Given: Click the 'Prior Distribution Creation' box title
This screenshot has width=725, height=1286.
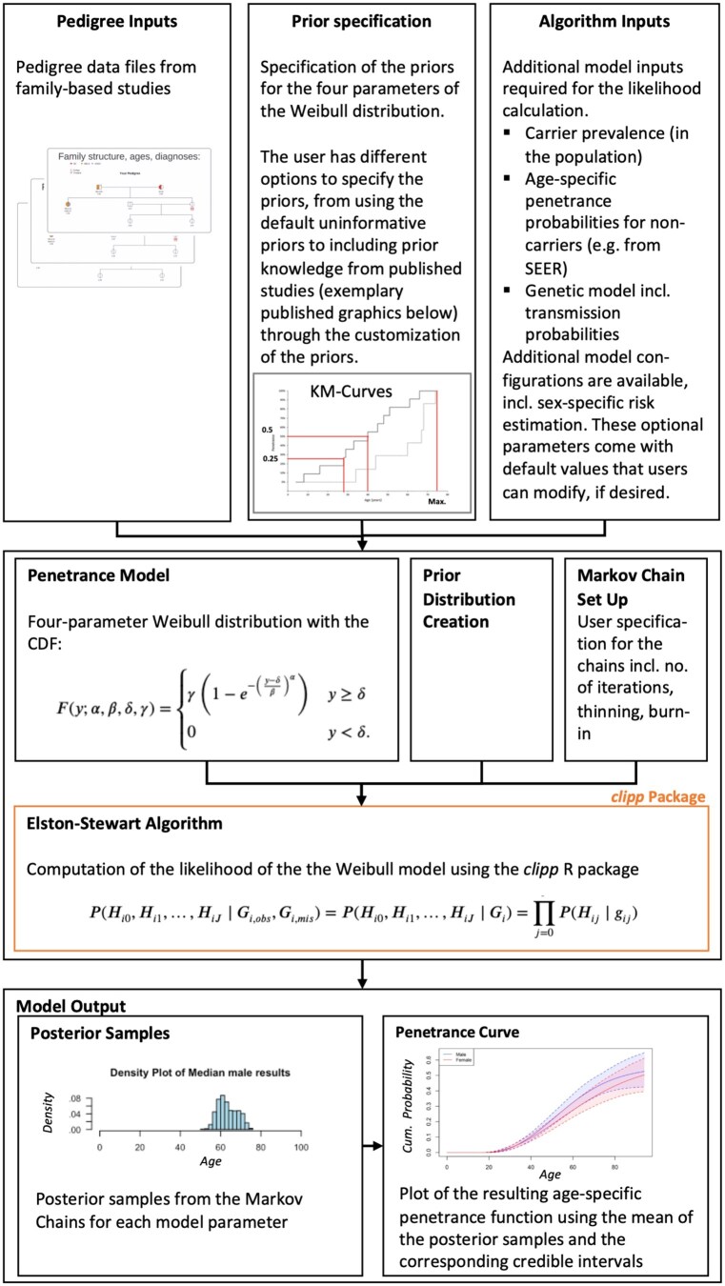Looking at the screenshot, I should pyautogui.click(x=469, y=600).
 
